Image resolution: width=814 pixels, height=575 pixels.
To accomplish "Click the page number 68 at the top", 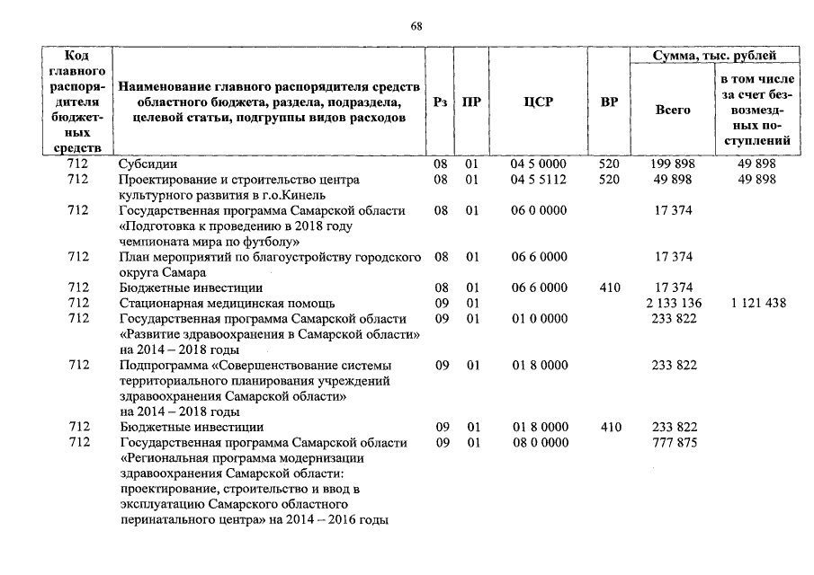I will (416, 26).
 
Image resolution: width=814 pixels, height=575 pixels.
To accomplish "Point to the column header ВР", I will (609, 102).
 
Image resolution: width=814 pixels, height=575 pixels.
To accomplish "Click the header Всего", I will (673, 110).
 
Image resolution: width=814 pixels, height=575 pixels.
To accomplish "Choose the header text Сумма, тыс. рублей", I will (715, 57).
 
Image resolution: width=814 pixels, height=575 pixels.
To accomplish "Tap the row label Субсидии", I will (148, 165).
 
